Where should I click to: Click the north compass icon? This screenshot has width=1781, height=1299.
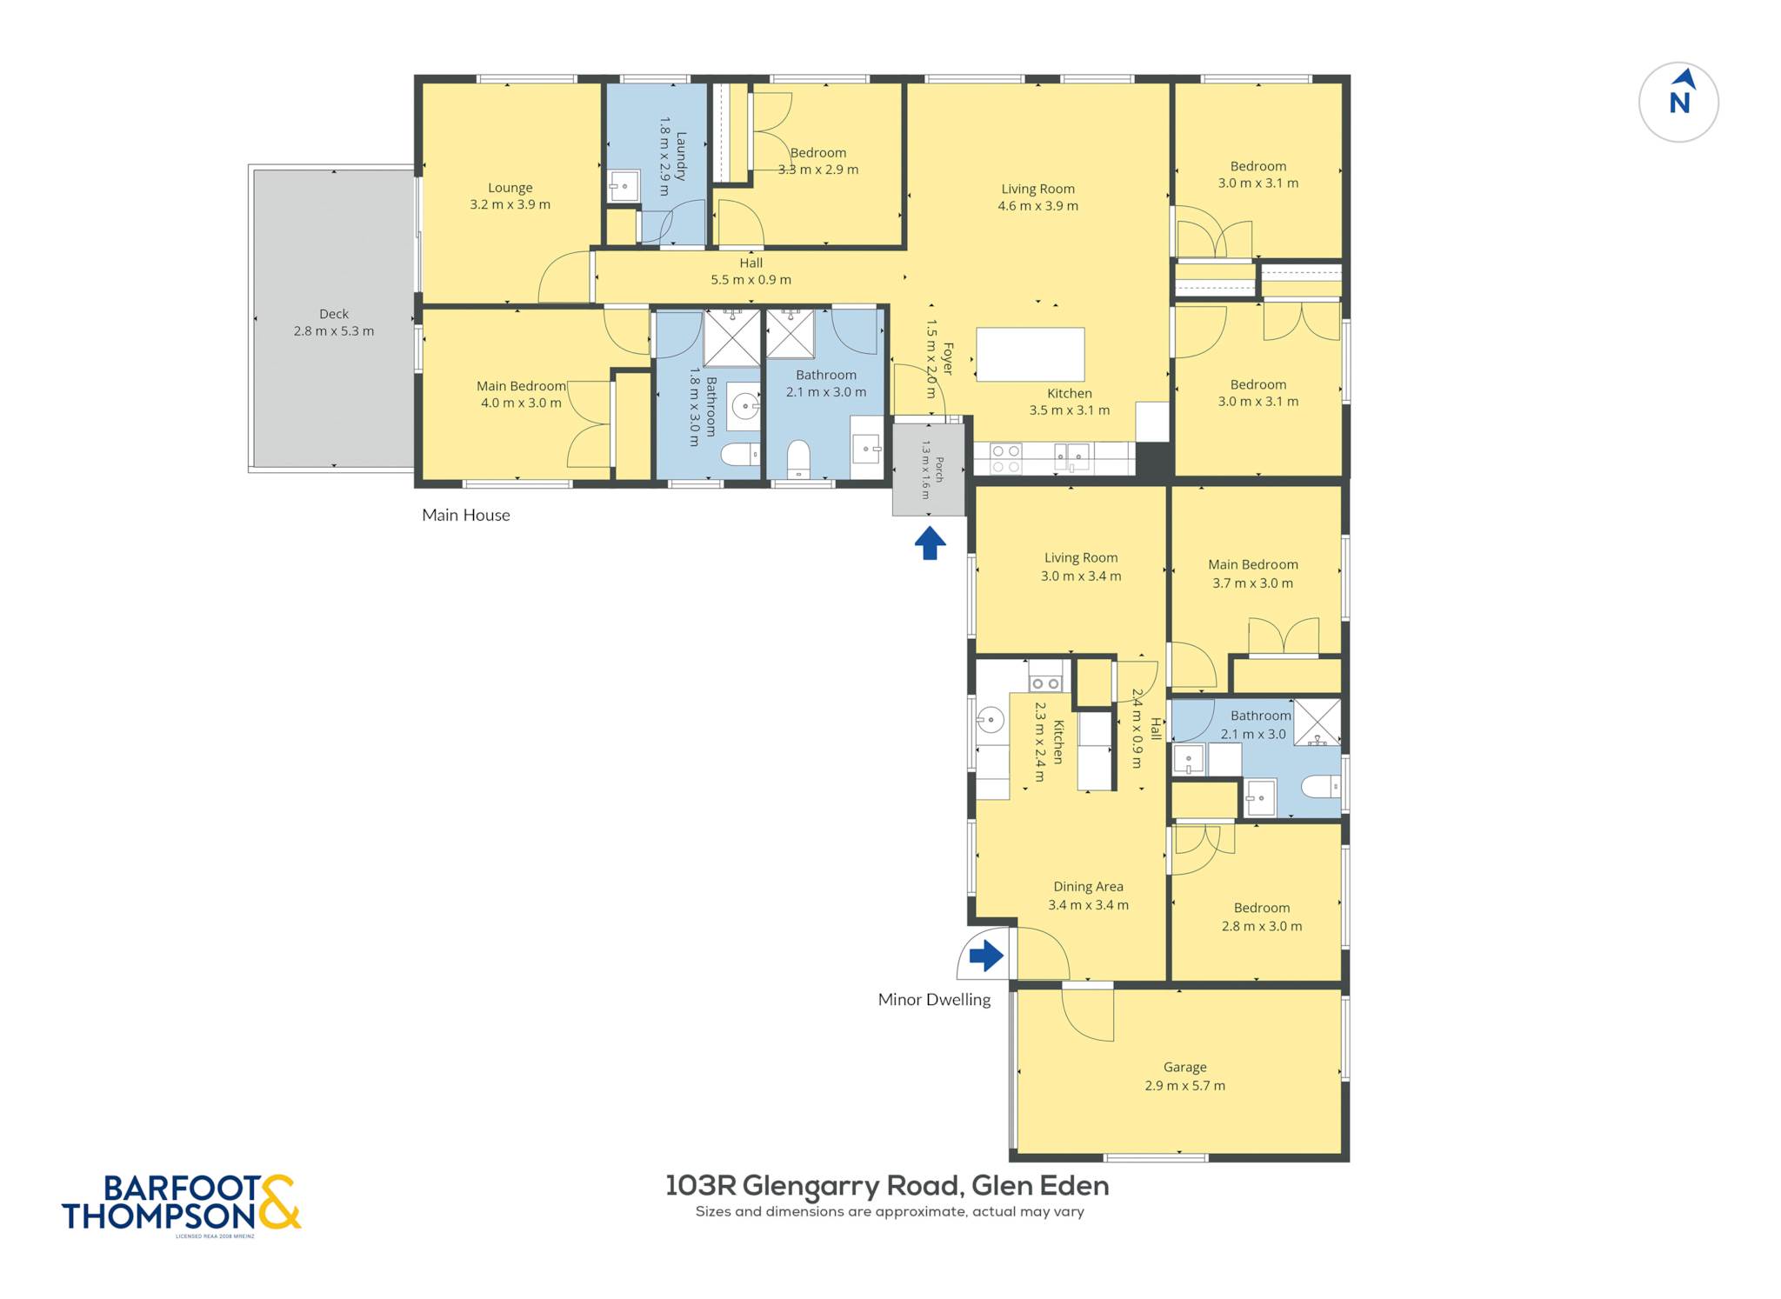(x=1678, y=102)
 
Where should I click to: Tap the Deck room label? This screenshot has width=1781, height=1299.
(x=334, y=314)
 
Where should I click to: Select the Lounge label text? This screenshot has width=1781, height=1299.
(x=510, y=188)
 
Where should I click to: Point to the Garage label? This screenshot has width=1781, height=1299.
(x=1184, y=1067)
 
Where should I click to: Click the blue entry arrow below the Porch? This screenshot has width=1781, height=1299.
(x=930, y=543)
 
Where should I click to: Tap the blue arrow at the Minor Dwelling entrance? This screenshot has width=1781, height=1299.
(x=986, y=956)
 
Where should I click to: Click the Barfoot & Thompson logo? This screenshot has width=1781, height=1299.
(x=182, y=1203)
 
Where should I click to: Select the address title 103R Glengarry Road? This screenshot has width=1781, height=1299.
(x=887, y=1186)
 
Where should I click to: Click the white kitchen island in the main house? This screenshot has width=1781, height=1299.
(x=1031, y=355)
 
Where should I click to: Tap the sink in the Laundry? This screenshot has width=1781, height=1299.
(x=623, y=186)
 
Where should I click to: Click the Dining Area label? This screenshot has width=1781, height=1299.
(x=1088, y=887)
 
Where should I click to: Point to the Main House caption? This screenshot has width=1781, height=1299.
(x=466, y=515)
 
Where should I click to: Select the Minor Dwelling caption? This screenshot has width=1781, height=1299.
(x=934, y=1000)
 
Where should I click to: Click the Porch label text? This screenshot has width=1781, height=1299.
(x=938, y=470)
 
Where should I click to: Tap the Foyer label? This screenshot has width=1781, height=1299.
(x=947, y=359)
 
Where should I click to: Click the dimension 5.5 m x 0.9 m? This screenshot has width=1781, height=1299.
(x=751, y=280)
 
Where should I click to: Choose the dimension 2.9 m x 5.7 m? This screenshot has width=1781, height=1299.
(x=1184, y=1086)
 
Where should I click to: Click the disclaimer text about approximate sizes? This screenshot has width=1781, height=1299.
(x=890, y=1212)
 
